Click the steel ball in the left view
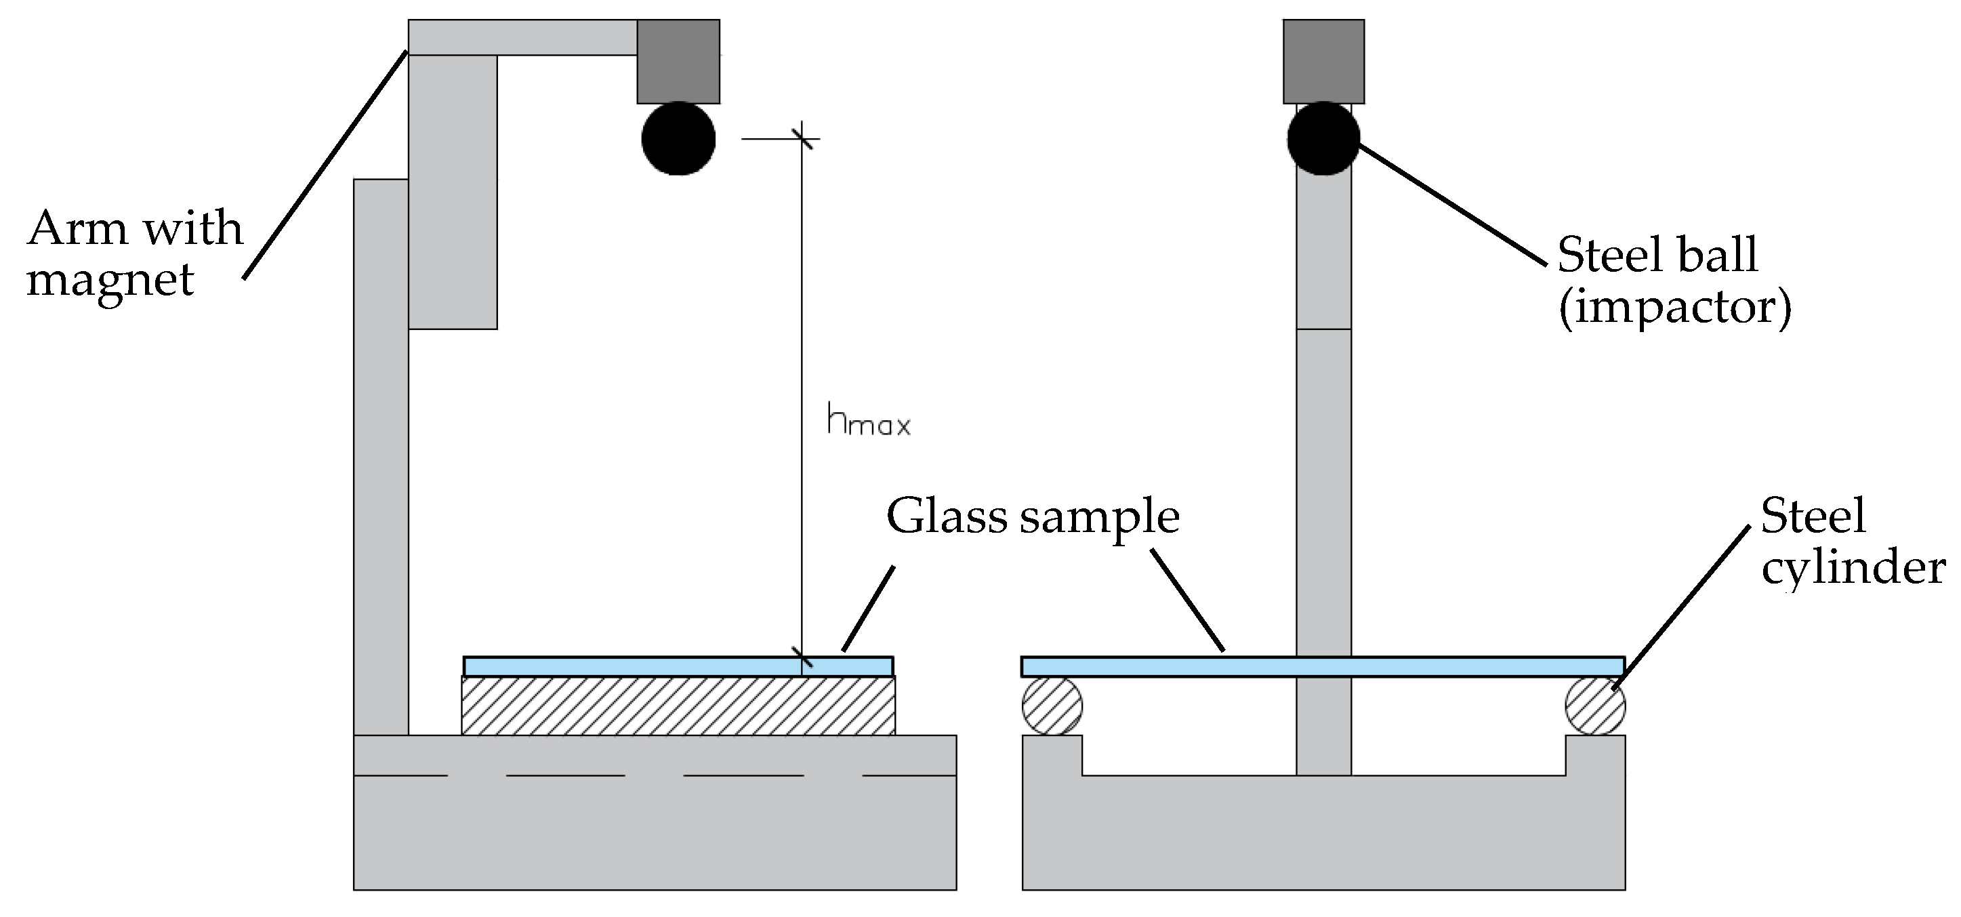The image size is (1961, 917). pos(678,140)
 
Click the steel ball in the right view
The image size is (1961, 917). pos(1323,140)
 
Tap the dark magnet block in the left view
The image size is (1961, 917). pos(678,62)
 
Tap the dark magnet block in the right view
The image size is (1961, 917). pos(1323,62)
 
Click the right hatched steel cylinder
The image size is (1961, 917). pos(1595,706)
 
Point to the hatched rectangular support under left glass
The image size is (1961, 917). pos(678,706)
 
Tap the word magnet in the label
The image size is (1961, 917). pos(110,281)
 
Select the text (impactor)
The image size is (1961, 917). pos(1675,307)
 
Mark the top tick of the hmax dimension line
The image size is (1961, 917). pos(802,140)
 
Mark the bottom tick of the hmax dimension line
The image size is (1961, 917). pos(802,656)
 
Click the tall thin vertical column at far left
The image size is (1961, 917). pos(381,457)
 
